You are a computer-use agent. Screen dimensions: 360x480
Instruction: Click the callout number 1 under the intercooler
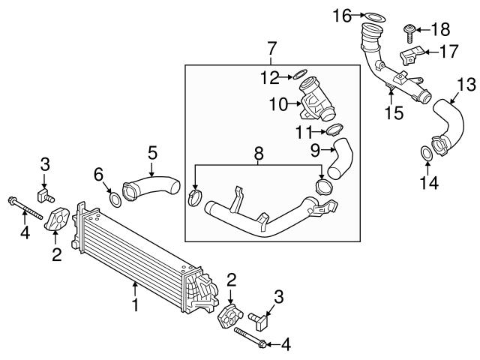(136, 305)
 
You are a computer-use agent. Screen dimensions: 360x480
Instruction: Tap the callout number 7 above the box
(271, 49)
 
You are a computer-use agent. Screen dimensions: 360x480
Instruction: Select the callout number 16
(341, 14)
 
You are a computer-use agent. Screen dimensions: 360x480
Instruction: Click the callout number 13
(466, 82)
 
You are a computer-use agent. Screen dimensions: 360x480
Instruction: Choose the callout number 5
(152, 152)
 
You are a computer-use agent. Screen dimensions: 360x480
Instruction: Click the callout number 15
(393, 113)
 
